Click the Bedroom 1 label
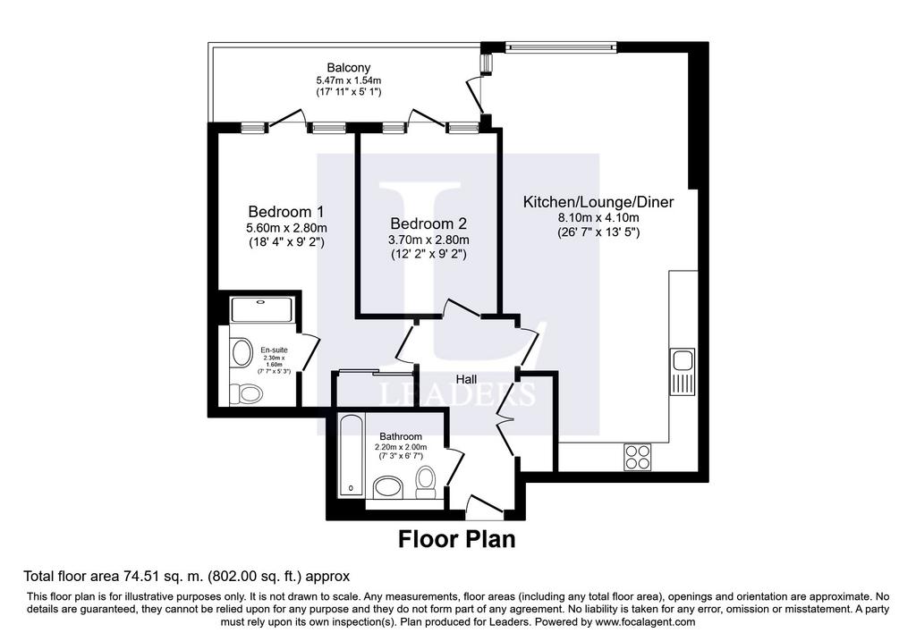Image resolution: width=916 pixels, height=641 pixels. coord(285,211)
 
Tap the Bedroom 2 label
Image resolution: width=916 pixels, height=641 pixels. coord(428,224)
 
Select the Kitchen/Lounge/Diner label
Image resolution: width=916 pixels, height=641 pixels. coord(598,202)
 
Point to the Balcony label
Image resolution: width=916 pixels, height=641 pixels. coord(349,68)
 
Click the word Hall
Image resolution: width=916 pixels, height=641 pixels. coord(466,379)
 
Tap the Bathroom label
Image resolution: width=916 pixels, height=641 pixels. coord(401,436)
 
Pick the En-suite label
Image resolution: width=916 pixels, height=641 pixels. coord(274,350)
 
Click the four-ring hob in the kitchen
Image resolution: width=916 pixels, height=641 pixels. coord(638,457)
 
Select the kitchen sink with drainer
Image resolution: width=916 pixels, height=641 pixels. coord(683,371)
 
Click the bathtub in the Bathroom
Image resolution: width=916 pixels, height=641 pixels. coord(351,455)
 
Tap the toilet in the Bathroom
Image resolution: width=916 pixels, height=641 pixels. coord(426,483)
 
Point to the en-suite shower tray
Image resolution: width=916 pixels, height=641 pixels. coord(261,309)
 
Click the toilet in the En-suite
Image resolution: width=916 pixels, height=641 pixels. coord(245,393)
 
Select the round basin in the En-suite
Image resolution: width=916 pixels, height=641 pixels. coord(241,352)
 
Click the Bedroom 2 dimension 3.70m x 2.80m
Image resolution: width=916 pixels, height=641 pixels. coord(428,240)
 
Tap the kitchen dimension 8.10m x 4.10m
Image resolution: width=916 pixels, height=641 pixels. coord(598,218)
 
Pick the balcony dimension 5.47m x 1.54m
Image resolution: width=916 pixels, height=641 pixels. coord(349,80)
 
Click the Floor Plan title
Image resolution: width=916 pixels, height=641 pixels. coord(457,539)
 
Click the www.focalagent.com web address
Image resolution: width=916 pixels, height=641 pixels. coord(644,622)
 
